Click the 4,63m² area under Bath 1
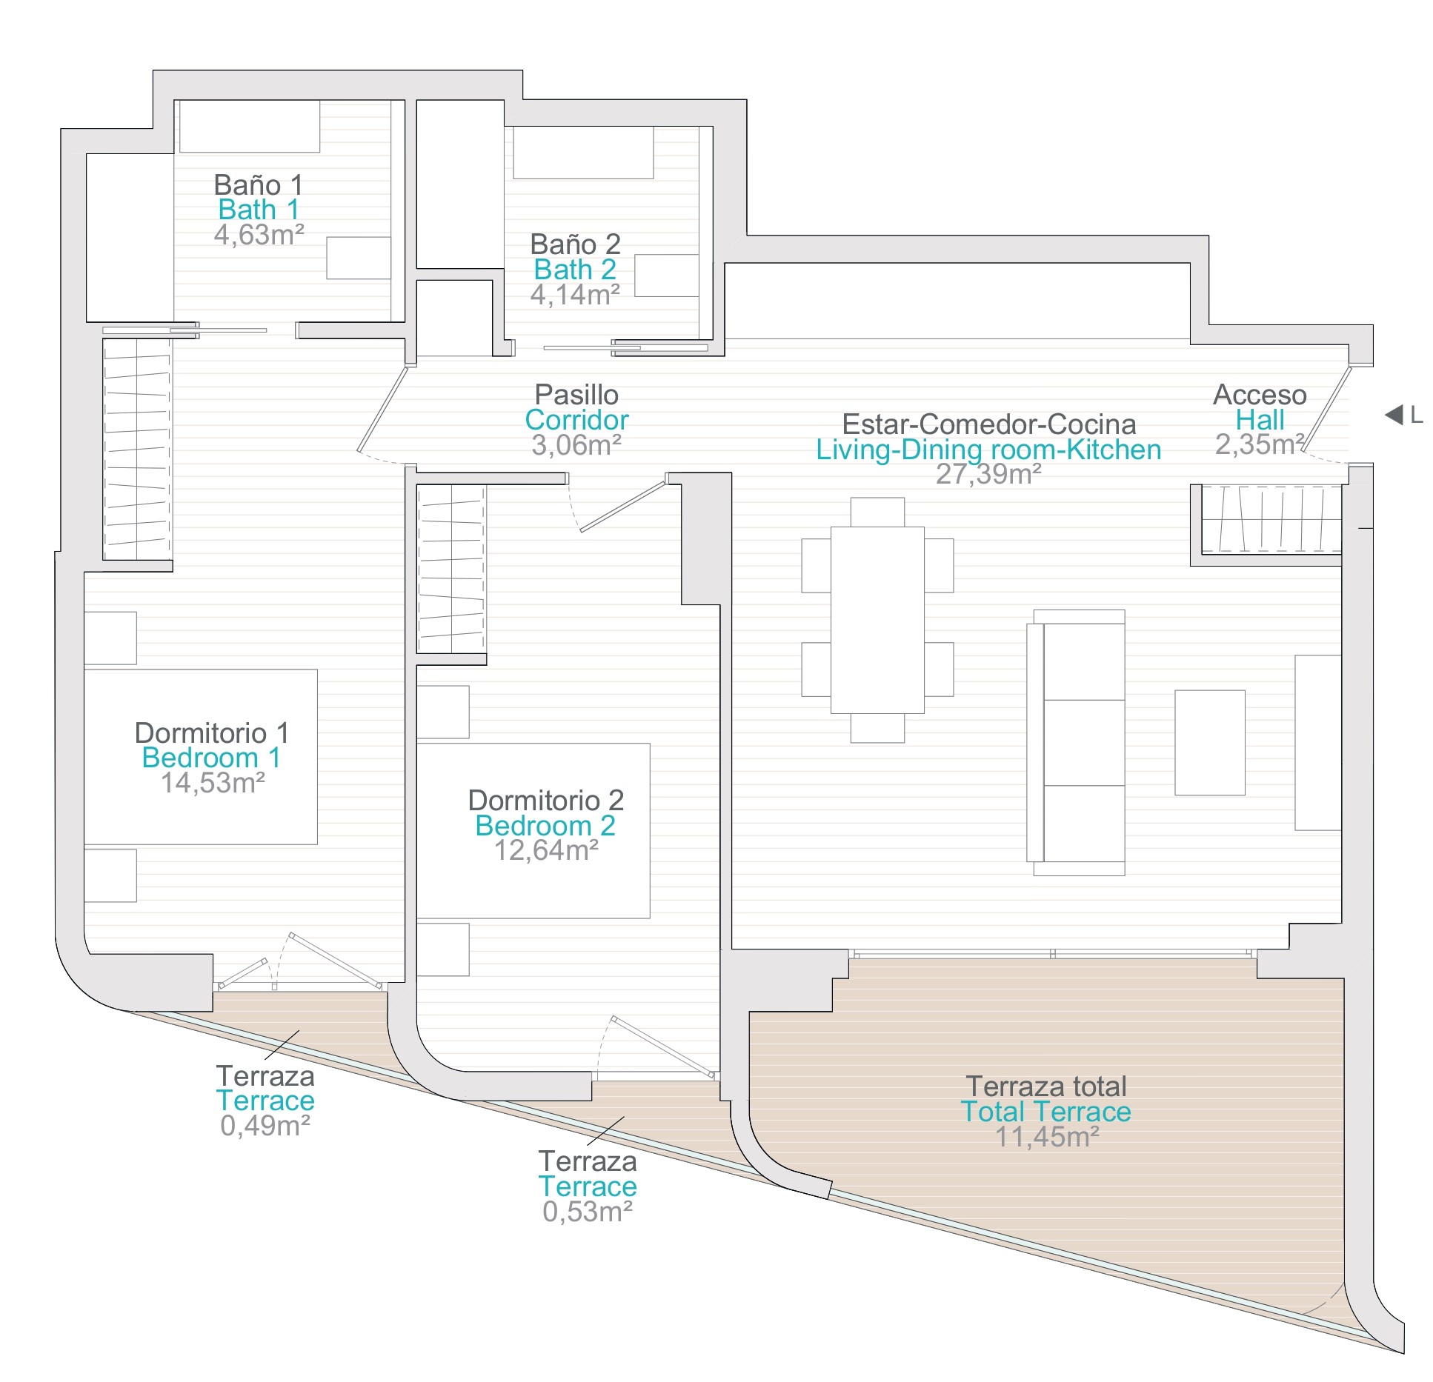259,235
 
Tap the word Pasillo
576,394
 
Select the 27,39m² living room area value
988,474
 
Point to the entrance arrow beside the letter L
1394,415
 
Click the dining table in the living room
877,620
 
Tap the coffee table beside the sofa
1209,742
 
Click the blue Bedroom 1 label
211,758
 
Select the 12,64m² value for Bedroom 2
546,850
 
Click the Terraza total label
1046,1086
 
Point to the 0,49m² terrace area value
265,1126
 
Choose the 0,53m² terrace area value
588,1212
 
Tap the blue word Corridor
576,420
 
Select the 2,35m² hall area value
1260,444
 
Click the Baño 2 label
575,244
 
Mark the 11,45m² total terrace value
1046,1137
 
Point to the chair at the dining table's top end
877,512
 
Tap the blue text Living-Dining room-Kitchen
988,450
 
